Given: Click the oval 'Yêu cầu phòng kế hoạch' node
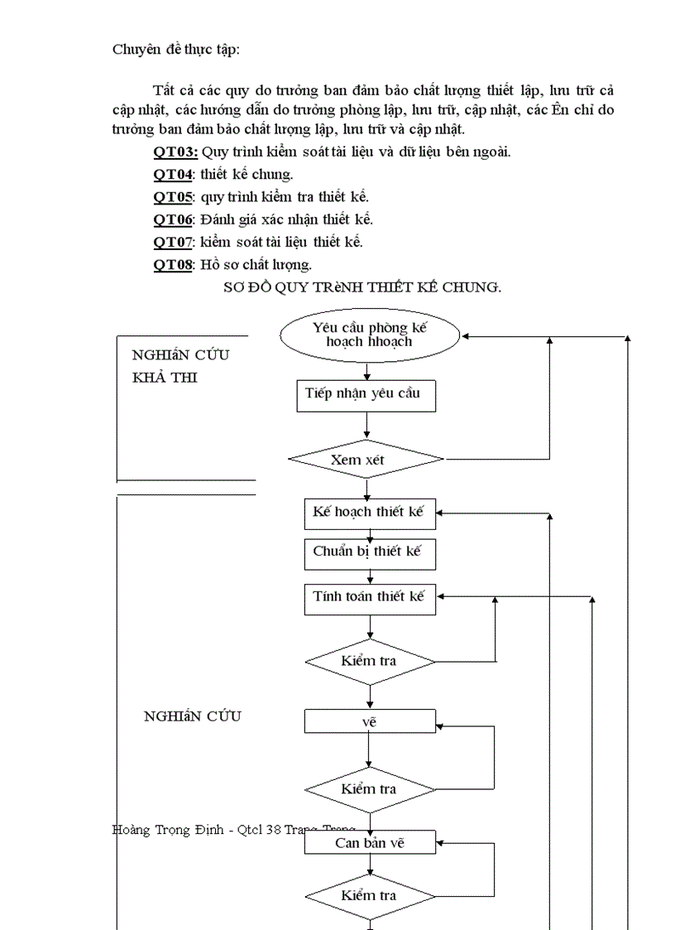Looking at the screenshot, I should coord(369,335).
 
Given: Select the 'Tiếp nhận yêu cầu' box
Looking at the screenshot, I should coord(366,395).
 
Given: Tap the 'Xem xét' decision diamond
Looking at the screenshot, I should coord(366,459).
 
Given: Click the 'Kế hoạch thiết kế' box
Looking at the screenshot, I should coord(369,513).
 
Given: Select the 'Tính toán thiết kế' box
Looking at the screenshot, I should coord(369,597).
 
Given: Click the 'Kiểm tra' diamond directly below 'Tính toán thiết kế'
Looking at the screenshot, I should coord(369,661).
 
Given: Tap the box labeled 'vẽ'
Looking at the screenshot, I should coord(369,721).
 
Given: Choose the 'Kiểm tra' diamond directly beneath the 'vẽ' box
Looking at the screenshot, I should coord(369,788).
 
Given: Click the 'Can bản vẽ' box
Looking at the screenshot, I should coord(369,843).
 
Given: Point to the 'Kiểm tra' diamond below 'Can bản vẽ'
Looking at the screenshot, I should coord(369,895).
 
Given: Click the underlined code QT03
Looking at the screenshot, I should coord(175,152).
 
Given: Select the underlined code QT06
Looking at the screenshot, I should coord(173,219).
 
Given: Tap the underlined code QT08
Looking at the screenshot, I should coord(173,264).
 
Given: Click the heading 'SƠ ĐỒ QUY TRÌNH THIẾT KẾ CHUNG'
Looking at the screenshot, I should coord(362,287).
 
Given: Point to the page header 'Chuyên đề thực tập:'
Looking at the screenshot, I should coord(176,49).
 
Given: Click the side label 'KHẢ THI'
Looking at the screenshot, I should coord(165,377).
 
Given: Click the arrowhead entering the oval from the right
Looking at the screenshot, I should coord(467,337).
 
